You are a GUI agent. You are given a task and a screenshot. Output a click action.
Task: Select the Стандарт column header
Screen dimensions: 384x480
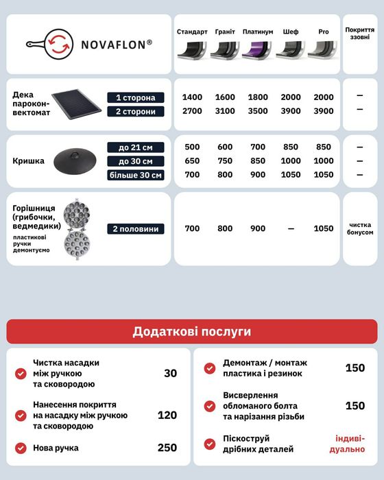192,32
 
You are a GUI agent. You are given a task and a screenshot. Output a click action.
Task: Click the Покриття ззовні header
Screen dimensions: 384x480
359,34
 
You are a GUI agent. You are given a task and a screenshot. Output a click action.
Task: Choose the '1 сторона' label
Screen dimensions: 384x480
136,97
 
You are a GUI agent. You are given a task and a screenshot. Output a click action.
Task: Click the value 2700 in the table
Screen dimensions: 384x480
192,111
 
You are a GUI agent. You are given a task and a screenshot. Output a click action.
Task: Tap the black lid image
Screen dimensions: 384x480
76,161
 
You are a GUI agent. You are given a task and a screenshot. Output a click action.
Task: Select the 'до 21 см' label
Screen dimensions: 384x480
136,147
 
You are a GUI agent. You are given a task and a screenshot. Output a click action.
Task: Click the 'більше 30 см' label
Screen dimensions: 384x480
136,175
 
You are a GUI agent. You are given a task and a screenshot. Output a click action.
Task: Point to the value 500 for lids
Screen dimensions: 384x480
192,147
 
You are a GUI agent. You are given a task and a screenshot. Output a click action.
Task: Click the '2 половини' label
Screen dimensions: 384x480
136,228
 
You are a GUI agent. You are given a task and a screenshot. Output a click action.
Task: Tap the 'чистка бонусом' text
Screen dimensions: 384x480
360,228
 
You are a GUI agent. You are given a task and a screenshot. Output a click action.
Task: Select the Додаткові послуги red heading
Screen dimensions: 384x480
192,332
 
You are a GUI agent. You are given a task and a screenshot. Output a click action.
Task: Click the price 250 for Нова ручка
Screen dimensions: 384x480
167,448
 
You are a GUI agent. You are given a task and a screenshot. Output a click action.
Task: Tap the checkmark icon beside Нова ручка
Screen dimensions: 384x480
21,448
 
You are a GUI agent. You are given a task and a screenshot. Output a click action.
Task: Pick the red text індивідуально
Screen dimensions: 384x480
350,444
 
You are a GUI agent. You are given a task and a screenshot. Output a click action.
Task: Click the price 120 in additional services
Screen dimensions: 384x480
167,415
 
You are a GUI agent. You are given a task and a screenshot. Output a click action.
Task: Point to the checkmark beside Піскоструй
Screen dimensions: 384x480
210,443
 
